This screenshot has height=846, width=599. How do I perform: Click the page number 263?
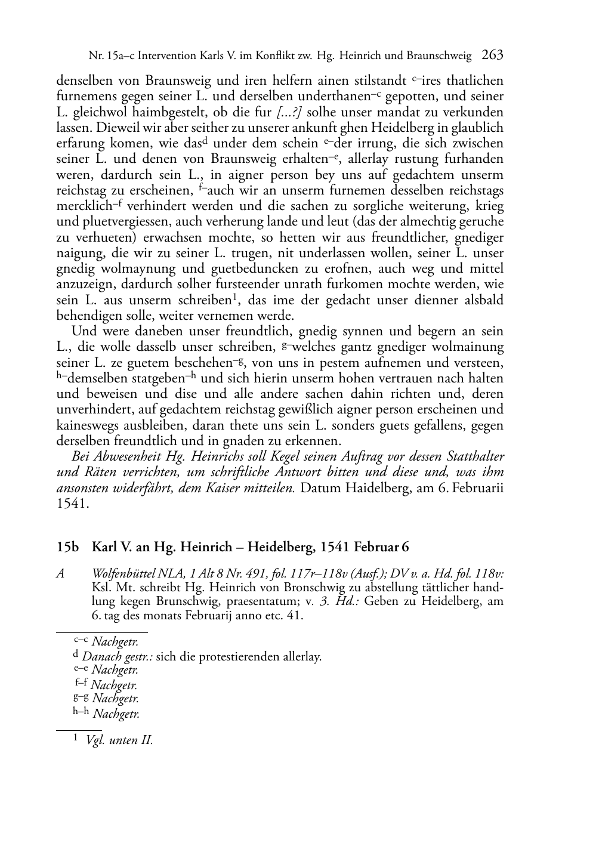coord(492,55)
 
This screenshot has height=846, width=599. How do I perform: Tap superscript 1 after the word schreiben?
coord(236,297)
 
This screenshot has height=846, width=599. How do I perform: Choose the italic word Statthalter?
coord(474,457)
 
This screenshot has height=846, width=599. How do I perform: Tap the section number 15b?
coord(67,546)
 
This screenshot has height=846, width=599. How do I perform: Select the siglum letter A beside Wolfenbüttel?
coord(60,574)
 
